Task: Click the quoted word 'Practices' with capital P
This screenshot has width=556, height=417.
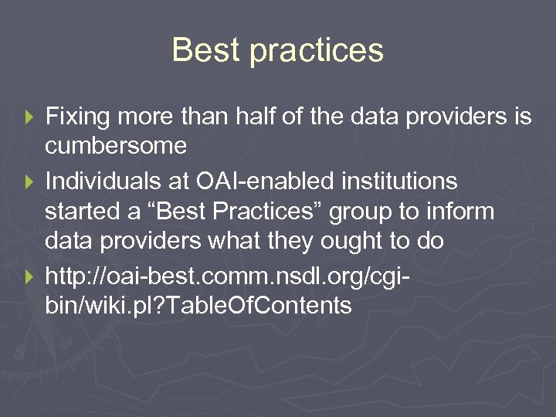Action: (259, 212)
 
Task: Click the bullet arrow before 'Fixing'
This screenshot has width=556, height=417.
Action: (31, 117)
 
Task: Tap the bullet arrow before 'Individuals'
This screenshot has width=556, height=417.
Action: (31, 182)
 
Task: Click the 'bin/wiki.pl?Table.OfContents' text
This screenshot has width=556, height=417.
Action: (198, 306)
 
